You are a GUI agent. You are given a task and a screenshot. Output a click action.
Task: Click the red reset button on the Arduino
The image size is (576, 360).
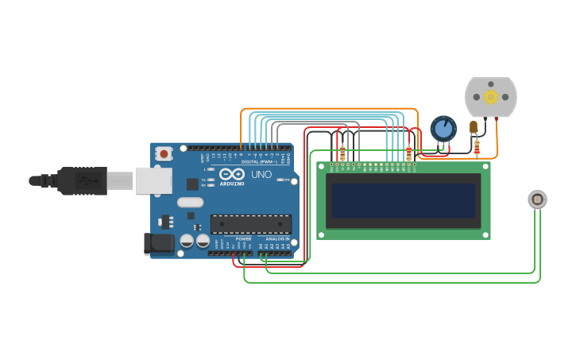164,153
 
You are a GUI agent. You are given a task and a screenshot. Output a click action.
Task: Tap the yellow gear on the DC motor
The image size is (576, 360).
490,97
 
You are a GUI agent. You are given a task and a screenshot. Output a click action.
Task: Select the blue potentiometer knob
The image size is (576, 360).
443,128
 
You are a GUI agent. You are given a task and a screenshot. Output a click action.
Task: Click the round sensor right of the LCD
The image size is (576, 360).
537,199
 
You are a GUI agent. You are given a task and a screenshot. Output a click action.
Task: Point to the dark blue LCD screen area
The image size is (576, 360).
404,201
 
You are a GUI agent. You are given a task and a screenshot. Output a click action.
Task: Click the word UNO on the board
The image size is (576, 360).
261,174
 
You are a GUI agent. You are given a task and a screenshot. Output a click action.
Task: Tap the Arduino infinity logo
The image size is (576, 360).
232,174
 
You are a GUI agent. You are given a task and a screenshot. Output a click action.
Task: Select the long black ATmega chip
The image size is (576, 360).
250,224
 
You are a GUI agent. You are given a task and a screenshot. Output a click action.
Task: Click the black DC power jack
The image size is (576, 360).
159,244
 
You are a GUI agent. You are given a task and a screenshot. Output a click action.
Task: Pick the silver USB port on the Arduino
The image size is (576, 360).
153,180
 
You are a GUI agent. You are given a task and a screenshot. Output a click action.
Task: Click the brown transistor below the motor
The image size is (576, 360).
474,127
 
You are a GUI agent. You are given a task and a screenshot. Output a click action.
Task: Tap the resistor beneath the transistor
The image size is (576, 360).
477,147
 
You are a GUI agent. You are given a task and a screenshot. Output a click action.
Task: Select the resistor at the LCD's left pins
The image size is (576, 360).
342,153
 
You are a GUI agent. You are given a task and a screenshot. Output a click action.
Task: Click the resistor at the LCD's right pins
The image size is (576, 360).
409,153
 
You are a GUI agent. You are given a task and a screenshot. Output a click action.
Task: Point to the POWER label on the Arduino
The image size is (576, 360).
243,238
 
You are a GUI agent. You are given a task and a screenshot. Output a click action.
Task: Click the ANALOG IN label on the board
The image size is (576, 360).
277,238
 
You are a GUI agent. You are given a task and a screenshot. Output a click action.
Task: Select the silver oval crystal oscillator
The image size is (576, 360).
191,202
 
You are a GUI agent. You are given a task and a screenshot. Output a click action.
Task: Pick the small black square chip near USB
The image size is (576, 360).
192,184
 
